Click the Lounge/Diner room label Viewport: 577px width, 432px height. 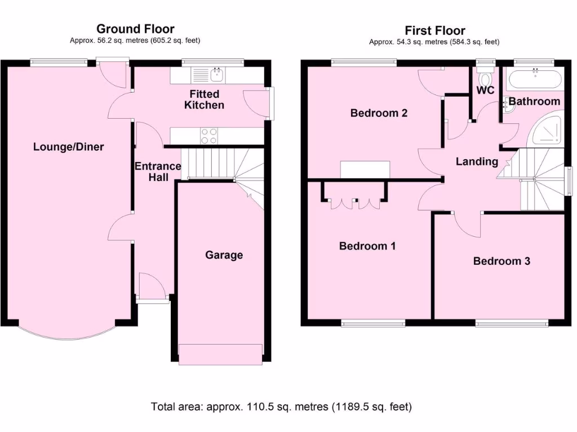pos(68,147)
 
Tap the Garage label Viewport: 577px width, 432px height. pos(224,255)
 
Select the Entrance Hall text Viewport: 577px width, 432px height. pos(157,172)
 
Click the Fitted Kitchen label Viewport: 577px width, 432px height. pos(204,100)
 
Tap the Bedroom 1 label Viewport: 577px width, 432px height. pos(367,246)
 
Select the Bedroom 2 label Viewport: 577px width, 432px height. pos(379,113)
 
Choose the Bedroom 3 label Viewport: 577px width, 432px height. pos(501,261)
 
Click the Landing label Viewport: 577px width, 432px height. pos(477,162)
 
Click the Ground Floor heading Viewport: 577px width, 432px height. pos(135,29)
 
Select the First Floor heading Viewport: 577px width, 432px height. pos(435,30)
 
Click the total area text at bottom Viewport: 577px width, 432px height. pos(281,406)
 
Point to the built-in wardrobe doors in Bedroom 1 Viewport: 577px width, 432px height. pos(354,202)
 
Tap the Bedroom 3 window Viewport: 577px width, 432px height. pos(511,323)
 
